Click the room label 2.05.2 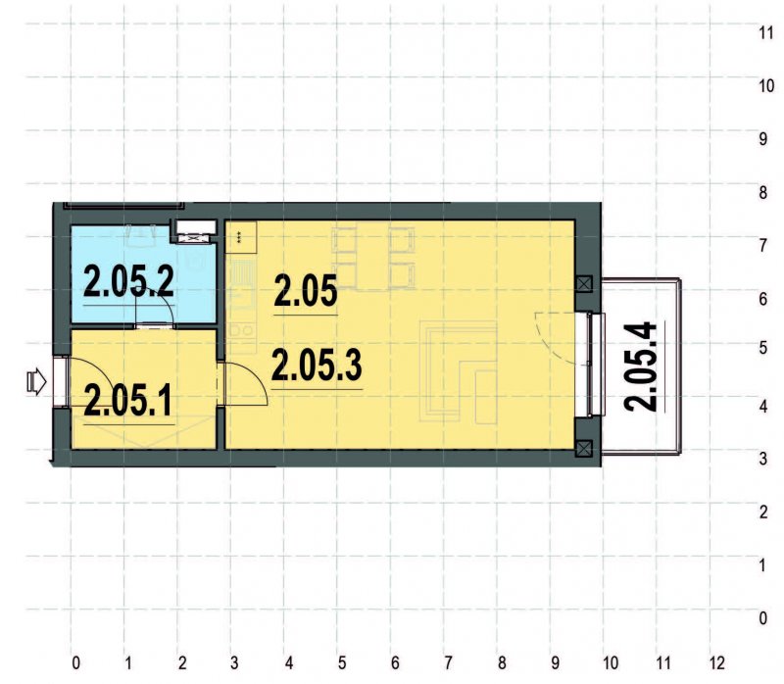click(128, 281)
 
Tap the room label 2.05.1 click(128, 401)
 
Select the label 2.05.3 click(317, 366)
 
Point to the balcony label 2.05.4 click(641, 367)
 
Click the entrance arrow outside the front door click(36, 382)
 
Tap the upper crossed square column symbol click(584, 284)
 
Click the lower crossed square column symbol click(584, 449)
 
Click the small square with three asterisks click(241, 237)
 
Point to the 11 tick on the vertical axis click(766, 33)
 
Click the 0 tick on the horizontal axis click(75, 663)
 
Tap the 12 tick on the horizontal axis click(716, 663)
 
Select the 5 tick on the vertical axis click(763, 348)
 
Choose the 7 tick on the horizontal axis click(448, 663)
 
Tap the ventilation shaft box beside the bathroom click(195, 232)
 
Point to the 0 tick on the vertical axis click(763, 618)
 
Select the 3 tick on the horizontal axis click(234, 663)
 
